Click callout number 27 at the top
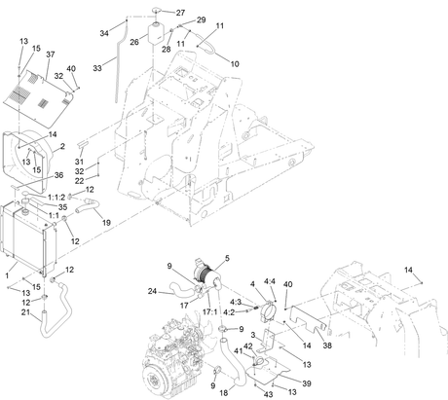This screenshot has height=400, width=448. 180,13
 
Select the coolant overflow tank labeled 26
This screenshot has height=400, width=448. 156,33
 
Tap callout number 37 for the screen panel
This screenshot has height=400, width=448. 51,55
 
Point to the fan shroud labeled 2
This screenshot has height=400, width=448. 27,161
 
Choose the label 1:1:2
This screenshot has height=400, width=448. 56,198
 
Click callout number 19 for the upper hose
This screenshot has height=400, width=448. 106,223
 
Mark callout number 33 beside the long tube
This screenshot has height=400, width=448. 97,68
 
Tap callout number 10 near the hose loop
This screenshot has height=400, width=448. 235,64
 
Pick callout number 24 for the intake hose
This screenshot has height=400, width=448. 152,291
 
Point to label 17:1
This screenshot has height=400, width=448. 209,312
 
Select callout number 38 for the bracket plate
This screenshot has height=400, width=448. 327,345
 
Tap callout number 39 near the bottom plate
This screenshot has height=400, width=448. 307,383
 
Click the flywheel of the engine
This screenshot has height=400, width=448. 158,382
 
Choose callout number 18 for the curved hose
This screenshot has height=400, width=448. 224,393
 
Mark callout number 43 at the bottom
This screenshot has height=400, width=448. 268,394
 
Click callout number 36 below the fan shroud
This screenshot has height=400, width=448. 58,175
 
